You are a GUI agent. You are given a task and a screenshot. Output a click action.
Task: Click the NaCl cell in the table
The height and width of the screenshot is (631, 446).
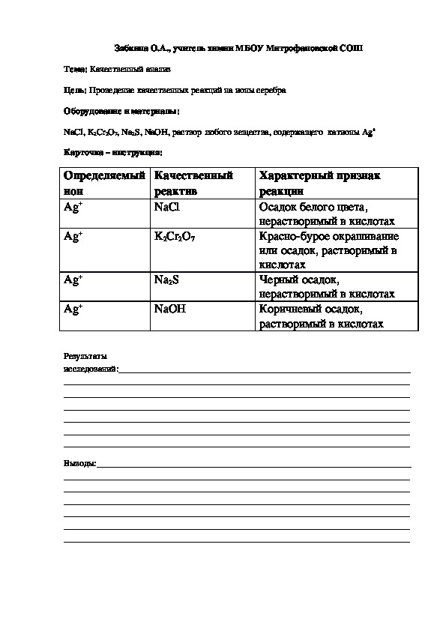point(166,207)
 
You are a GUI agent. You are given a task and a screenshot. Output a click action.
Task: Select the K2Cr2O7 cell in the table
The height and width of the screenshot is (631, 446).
point(175,237)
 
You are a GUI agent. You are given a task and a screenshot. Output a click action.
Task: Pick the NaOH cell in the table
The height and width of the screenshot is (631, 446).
point(169,309)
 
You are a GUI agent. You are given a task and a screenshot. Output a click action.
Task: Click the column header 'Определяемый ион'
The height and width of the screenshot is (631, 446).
point(103,183)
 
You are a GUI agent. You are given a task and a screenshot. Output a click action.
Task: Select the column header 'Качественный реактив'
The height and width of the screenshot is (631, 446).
point(193,183)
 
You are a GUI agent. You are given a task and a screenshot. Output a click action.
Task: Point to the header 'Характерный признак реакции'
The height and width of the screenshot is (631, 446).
point(319,183)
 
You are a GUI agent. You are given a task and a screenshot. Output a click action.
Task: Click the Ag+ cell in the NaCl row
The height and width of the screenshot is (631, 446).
point(73,207)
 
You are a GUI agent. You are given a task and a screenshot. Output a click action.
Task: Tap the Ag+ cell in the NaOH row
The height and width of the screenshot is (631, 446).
point(73,309)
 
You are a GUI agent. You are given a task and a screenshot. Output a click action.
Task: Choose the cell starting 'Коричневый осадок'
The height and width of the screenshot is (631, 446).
point(322,316)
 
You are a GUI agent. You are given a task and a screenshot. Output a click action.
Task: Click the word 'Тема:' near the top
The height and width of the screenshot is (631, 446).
point(76,69)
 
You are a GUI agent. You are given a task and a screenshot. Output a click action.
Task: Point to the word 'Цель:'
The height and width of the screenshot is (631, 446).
point(76,90)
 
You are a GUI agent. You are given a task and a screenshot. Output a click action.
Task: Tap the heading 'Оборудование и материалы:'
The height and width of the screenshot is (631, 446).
point(121,111)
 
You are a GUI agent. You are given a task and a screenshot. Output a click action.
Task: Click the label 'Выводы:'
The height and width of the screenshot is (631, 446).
point(79,465)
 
